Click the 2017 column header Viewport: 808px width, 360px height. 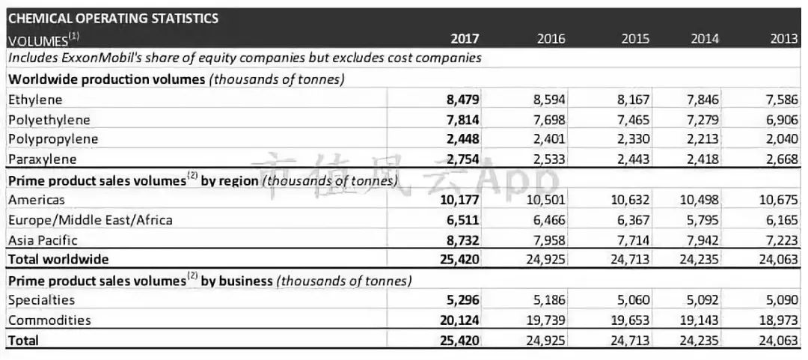click(x=465, y=38)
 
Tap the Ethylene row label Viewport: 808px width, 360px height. click(x=35, y=99)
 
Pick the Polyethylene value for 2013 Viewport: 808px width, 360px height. click(x=783, y=119)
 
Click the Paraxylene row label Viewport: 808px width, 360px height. click(x=42, y=159)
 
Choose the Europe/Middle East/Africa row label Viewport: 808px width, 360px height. click(x=90, y=219)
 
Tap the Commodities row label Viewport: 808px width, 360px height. click(x=49, y=320)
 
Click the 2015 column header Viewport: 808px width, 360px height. click(x=635, y=38)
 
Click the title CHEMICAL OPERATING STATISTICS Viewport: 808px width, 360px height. click(x=113, y=18)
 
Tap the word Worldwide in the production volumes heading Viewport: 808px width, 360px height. click(x=39, y=79)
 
